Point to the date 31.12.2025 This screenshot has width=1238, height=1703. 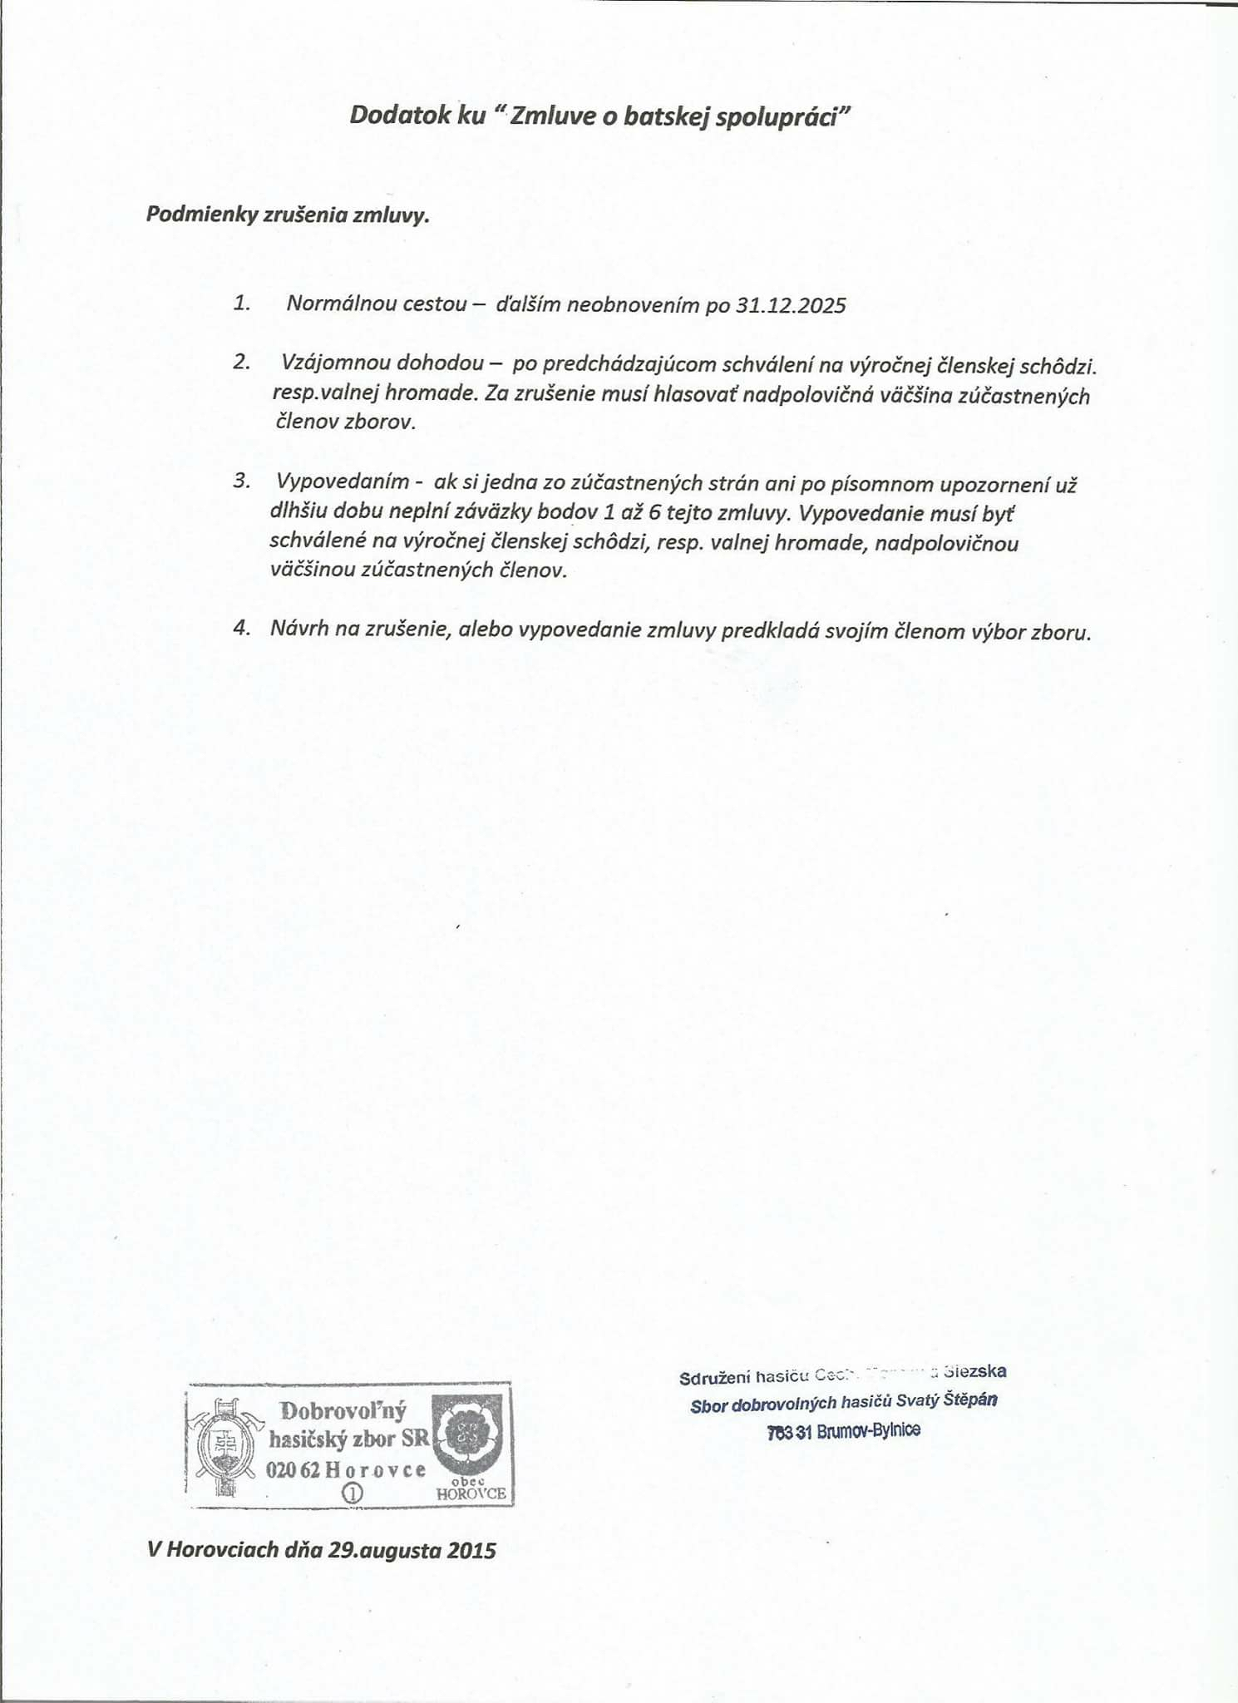pyautogui.click(x=791, y=305)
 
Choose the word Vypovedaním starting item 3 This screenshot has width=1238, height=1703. pyautogui.click(x=343, y=481)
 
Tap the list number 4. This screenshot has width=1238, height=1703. pyautogui.click(x=241, y=629)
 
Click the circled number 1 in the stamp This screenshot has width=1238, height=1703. pyautogui.click(x=353, y=1493)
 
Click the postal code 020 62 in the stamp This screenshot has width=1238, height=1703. pyautogui.click(x=293, y=1470)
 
